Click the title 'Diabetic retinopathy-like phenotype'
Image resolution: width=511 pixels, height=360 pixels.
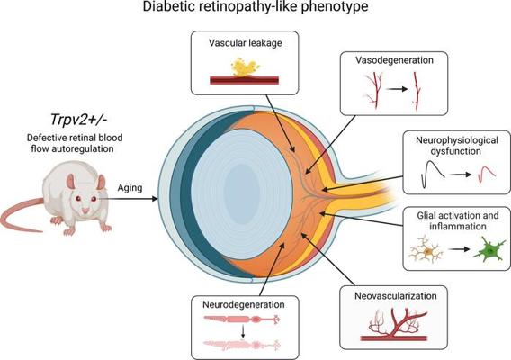tap(255, 7)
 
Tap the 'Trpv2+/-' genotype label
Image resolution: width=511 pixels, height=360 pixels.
tap(78, 120)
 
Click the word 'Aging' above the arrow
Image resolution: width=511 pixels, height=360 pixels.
tap(130, 188)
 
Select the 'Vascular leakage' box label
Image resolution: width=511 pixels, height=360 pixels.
tap(245, 43)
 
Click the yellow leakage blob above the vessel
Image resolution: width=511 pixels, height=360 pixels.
tap(245, 67)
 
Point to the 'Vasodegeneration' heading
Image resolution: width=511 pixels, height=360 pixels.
tap(394, 60)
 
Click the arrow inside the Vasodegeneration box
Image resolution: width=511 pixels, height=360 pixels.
tap(398, 89)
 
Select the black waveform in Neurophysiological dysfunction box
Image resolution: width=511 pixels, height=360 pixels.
tap(433, 175)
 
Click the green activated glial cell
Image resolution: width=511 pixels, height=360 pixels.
tap(489, 248)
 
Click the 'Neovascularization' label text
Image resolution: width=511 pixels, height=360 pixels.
tap(395, 296)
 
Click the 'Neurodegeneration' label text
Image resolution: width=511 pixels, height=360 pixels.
tap(244, 304)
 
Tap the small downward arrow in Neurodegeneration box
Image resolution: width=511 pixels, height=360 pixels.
tap(243, 332)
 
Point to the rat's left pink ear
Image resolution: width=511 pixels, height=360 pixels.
tap(71, 181)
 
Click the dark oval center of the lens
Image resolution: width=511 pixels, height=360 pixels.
tap(242, 192)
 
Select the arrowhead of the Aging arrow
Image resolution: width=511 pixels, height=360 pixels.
tap(154, 199)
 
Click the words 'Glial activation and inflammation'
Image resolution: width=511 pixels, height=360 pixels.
tap(458, 220)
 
